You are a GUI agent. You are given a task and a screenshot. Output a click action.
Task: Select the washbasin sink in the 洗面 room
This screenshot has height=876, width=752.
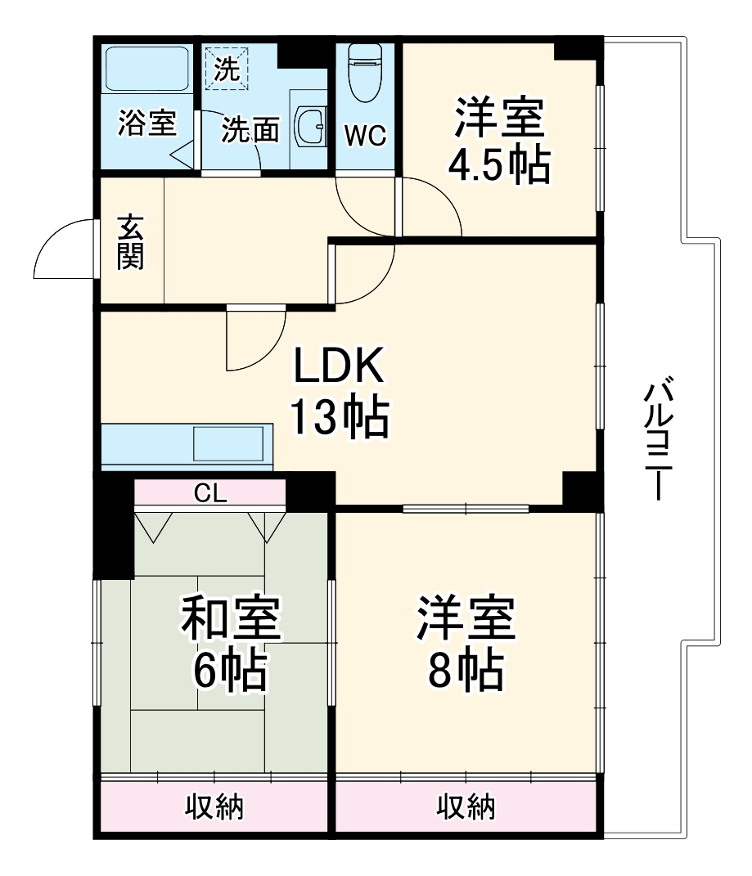tap(311, 125)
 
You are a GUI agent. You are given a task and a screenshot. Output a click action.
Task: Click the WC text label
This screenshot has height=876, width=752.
tap(364, 136)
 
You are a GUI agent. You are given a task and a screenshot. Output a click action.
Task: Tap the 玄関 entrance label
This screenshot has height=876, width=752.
tap(131, 242)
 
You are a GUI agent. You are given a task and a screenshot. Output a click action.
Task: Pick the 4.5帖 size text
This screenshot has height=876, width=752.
tap(498, 166)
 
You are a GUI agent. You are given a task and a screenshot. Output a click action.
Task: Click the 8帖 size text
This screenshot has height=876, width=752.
tap(466, 671)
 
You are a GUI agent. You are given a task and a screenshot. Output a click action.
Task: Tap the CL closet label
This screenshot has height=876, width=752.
tap(209, 492)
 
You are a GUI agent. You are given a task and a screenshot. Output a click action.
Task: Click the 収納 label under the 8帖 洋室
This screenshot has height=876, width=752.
tap(465, 808)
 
